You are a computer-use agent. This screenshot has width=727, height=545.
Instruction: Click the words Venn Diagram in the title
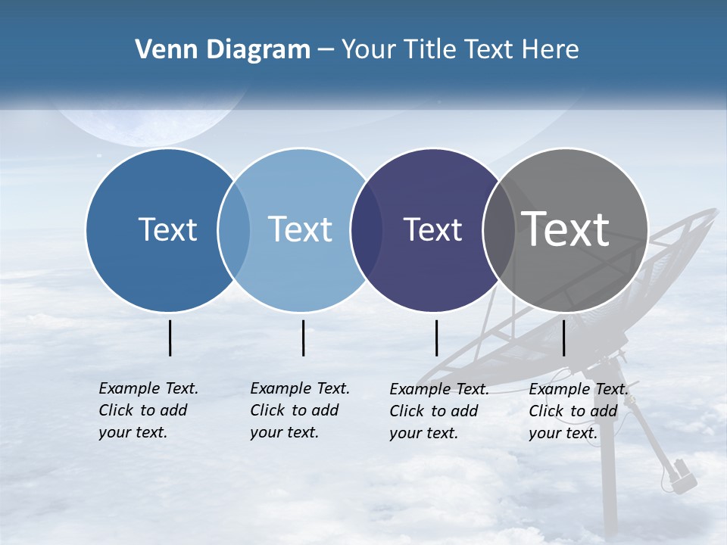pos(223,50)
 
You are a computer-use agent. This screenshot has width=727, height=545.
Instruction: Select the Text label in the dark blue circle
pos(167,229)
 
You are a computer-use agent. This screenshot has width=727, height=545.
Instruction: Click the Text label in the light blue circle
pos(301,229)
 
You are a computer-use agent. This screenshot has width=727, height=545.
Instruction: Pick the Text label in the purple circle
pos(432,229)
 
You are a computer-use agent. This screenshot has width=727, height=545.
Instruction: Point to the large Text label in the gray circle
pos(566,229)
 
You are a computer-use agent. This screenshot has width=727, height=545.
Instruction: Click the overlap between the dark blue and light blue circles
pos(234,229)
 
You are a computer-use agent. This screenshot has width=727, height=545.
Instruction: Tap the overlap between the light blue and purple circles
pos(367,229)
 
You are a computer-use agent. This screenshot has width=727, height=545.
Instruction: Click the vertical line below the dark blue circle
pos(170,338)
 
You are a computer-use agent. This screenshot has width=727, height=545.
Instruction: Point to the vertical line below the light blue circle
pos(303,338)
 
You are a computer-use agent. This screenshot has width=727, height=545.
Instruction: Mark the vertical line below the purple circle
pos(436,338)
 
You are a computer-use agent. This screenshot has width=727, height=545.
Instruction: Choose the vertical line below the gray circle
pos(563,338)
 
